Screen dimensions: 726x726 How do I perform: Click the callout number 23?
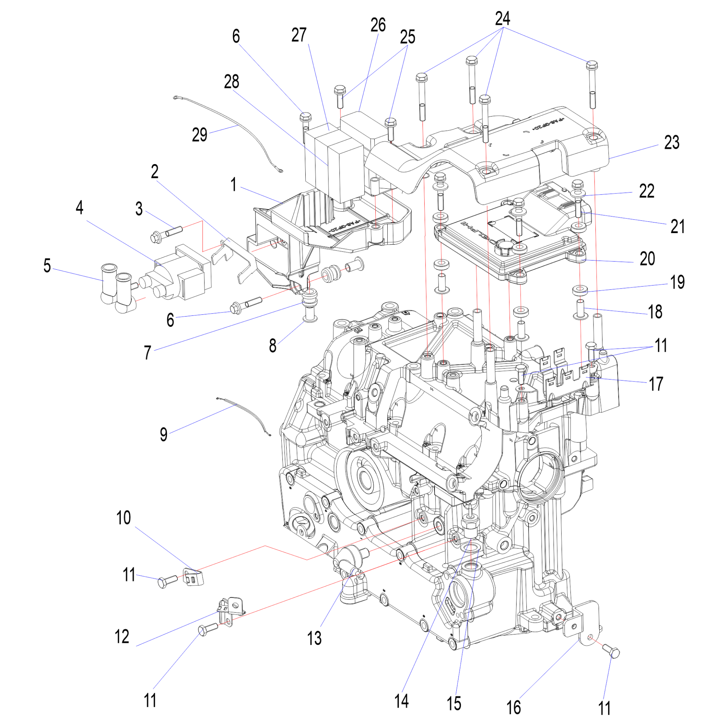click(x=672, y=143)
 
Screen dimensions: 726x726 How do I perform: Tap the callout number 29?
click(x=200, y=135)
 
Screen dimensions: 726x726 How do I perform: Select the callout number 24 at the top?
click(x=502, y=19)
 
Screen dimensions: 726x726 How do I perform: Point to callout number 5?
click(x=47, y=266)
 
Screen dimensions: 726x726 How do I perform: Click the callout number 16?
click(x=513, y=707)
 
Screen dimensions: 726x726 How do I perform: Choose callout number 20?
click(x=647, y=259)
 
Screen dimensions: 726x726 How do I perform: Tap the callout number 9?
click(x=163, y=435)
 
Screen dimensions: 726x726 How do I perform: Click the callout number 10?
click(x=123, y=518)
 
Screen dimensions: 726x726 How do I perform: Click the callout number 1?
click(x=234, y=185)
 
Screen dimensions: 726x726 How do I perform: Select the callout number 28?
click(x=232, y=82)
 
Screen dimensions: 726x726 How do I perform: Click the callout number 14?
click(x=401, y=701)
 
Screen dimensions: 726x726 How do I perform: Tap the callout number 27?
click(x=299, y=35)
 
